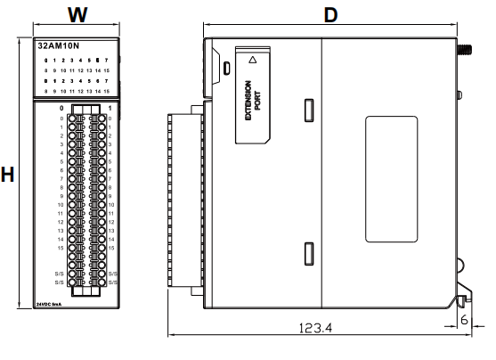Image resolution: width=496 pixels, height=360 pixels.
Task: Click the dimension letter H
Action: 8,175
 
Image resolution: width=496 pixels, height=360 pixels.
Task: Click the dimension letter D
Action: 330,14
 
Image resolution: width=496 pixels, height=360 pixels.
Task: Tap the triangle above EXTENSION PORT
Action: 254,61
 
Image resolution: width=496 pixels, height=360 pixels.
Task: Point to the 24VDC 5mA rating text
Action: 50,304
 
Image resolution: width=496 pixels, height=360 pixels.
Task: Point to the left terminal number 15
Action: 60,248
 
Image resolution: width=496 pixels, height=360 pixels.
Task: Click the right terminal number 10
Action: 110,205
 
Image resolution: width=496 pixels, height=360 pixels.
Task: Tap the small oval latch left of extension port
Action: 226,68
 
